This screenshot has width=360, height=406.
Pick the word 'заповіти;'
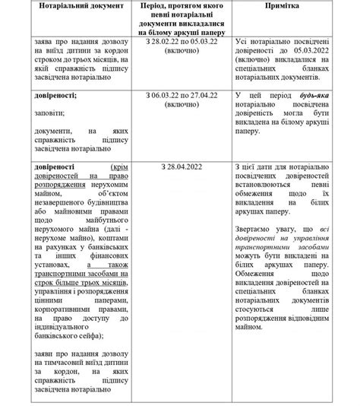coord(52,116)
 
